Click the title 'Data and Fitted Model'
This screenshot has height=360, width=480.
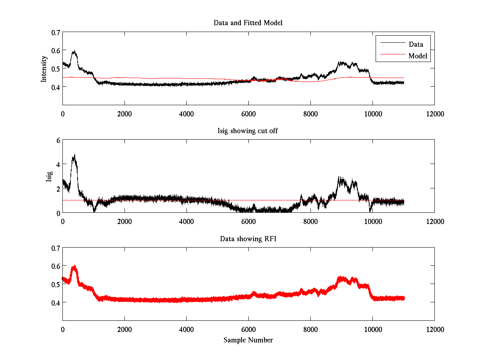(x=248, y=23)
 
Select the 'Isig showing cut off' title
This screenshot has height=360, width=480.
(x=248, y=131)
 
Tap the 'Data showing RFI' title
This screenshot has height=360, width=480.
(x=248, y=239)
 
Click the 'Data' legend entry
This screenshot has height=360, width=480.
(x=416, y=44)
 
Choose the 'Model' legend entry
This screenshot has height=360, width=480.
(x=418, y=56)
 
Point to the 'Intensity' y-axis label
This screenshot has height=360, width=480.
(x=44, y=68)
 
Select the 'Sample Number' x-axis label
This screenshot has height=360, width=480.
(x=248, y=340)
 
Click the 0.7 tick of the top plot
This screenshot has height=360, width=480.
(x=55, y=32)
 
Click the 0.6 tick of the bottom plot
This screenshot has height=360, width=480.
(x=55, y=266)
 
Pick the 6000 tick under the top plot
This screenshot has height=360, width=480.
(x=248, y=114)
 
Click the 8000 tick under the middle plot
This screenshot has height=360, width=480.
(x=310, y=221)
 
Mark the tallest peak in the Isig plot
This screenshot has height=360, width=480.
(x=74, y=155)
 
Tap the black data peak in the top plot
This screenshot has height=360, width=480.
(x=74, y=52)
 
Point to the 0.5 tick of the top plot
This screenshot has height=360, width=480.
(x=55, y=68)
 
